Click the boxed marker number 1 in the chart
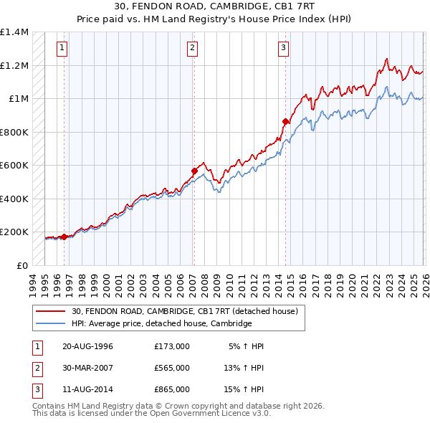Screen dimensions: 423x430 click(63, 48)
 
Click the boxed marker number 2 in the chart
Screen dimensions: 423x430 click(193, 48)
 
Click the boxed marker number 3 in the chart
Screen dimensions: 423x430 click(283, 48)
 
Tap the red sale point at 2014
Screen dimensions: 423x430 click(285, 122)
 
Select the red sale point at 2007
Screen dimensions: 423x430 click(194, 171)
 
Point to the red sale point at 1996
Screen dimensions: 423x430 click(64, 237)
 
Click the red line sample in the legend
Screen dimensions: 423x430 click(51, 312)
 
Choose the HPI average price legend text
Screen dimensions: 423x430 click(161, 323)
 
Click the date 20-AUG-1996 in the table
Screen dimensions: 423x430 click(87, 346)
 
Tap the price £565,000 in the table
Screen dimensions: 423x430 click(172, 368)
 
